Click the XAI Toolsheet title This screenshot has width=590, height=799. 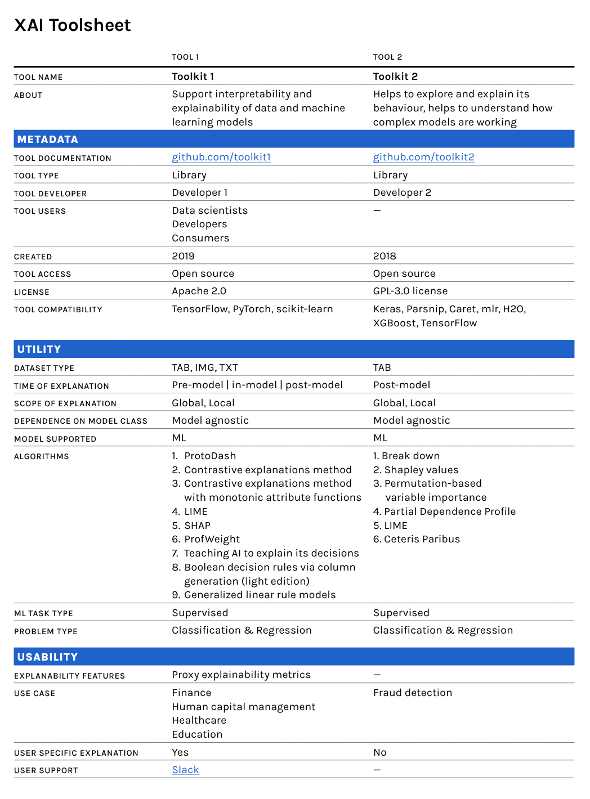coord(73,25)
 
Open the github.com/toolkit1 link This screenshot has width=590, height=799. coord(221,157)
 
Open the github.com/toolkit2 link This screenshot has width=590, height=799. coord(423,157)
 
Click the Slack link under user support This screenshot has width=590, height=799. coord(185,770)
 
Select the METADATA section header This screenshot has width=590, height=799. coord(48,139)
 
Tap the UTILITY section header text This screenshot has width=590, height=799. coord(39,349)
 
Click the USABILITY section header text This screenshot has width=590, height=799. coord(48,657)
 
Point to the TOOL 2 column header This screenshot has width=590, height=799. coord(387,57)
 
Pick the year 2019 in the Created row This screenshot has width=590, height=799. coord(183,256)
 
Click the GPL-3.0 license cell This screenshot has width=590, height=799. coord(410,291)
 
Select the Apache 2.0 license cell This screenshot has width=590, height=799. coord(199,291)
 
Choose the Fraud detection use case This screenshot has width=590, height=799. coord(413,693)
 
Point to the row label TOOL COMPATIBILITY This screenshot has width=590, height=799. coord(58,309)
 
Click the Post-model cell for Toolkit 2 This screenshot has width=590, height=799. coord(401,385)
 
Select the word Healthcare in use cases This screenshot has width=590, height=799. coord(199,720)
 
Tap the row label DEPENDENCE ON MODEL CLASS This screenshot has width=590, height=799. coord(81,421)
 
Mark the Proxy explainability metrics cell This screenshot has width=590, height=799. coord(241,675)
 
